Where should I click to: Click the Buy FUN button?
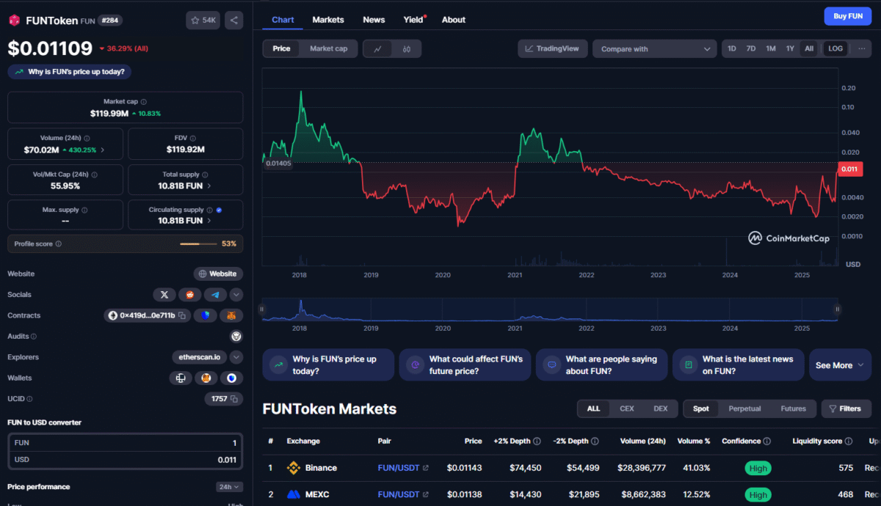coord(848,16)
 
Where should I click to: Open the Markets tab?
coord(327,20)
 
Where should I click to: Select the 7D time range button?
coord(751,49)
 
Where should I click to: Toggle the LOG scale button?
coord(835,49)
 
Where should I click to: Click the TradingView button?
coord(553,49)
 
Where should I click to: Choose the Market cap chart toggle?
coord(328,49)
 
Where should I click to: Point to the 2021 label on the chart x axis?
coord(514,275)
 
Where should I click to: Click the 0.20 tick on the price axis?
coord(848,88)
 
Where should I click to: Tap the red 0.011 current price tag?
coord(848,169)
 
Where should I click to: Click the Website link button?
coord(218,274)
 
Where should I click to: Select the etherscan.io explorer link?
coord(199,357)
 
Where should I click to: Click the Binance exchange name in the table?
coord(321,468)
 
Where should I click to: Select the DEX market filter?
coord(661,408)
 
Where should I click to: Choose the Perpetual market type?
coord(744,408)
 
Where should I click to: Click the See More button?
coord(839,365)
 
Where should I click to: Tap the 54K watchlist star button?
coord(203,21)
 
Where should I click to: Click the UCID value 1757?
coord(218,399)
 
